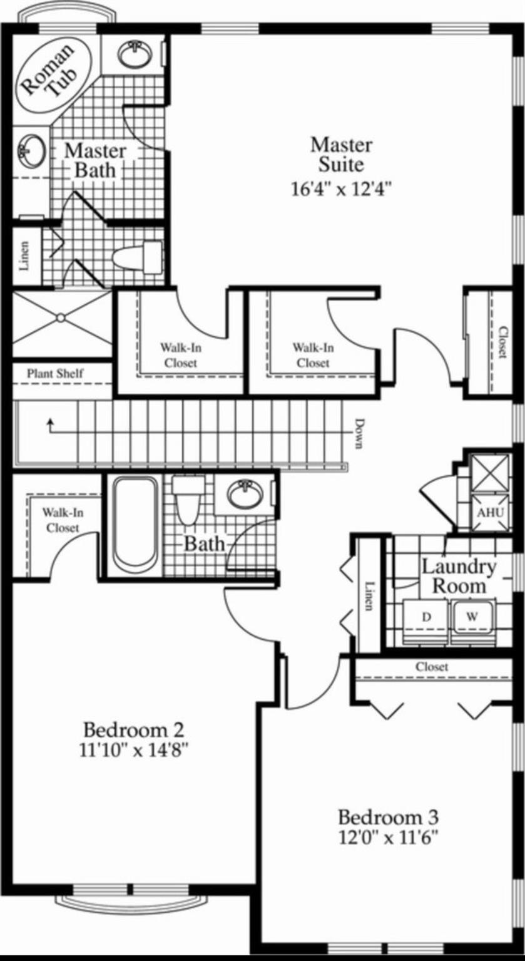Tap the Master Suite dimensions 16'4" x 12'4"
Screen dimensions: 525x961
[342, 189]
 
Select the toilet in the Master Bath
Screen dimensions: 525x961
[137, 257]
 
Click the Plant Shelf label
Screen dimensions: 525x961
[55, 373]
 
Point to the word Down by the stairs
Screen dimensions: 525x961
[359, 434]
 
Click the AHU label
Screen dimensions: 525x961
[490, 513]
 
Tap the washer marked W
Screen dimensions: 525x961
[472, 617]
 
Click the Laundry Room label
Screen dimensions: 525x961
[459, 576]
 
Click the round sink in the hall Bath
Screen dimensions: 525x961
[244, 494]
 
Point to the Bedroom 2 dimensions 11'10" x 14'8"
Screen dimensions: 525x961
[135, 751]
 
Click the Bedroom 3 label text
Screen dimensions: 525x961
[389, 817]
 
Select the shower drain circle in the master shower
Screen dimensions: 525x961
[61, 318]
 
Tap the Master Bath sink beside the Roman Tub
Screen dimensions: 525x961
[31, 152]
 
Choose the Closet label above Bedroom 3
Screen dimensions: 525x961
[432, 667]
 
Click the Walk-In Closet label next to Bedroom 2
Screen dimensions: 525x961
[63, 520]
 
